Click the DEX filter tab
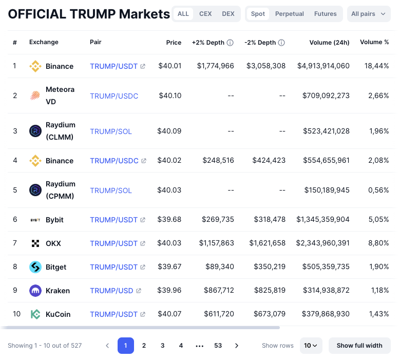228,14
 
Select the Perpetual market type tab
290,14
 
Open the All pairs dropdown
368,14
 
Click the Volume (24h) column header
329,42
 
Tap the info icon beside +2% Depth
230,43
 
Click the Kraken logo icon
35,291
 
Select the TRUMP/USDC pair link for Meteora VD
114,96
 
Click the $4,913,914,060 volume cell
323,66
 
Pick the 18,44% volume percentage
376,66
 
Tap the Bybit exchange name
54,220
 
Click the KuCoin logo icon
35,314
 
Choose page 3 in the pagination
162,346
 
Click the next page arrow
237,346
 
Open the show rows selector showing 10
311,346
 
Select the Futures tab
326,14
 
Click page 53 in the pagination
218,346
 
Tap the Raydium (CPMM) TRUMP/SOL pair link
111,191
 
